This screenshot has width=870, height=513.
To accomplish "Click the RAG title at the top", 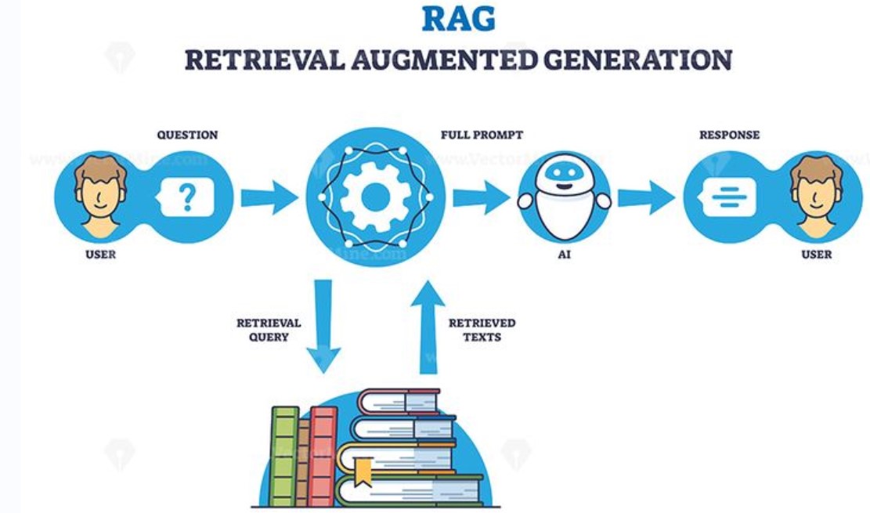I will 458,19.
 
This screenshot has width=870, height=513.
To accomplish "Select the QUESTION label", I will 187,135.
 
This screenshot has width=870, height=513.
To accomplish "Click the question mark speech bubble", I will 186,197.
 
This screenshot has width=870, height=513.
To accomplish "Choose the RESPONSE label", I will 729,135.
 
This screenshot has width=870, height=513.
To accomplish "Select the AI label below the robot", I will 565,255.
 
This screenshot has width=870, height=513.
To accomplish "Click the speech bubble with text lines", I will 728,197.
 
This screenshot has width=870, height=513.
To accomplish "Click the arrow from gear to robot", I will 481,197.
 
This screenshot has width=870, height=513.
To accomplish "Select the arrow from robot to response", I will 645,197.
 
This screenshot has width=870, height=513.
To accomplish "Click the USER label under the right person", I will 817,255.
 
